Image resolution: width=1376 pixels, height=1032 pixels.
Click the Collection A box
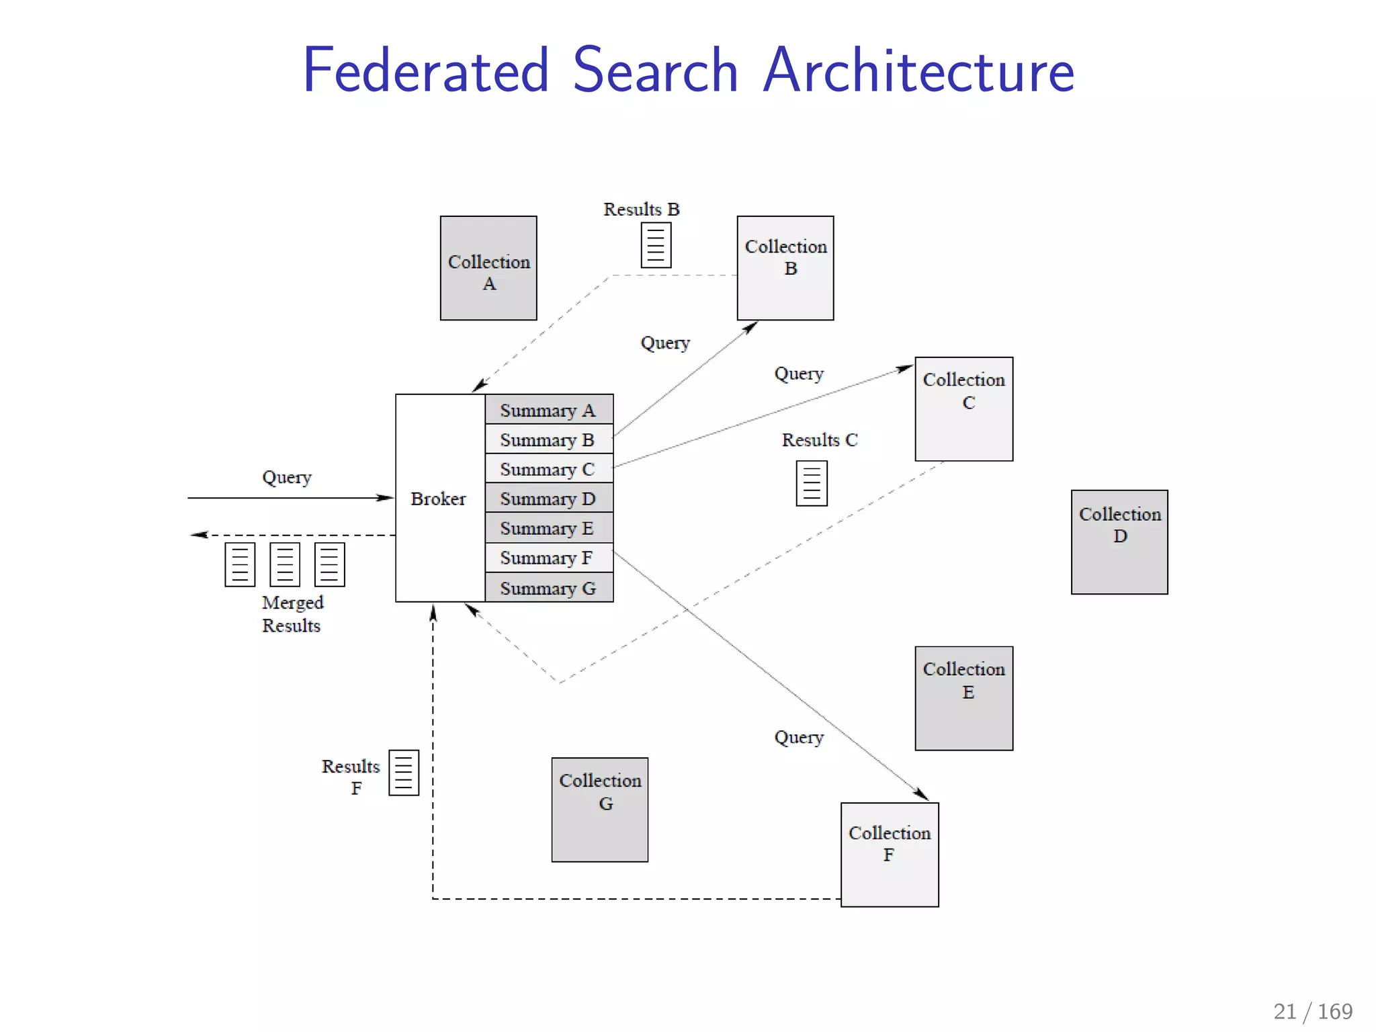pos(488,268)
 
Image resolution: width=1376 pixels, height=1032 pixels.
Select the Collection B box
pos(785,268)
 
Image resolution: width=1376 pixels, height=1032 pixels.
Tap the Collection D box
pos(1119,542)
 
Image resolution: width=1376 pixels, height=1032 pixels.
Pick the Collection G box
pos(600,810)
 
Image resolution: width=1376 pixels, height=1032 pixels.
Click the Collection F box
pos(890,855)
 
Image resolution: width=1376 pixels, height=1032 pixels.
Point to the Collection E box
pos(963,698)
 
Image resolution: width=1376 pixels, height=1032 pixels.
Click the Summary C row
pos(548,469)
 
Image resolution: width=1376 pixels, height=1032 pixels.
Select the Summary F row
pos(548,558)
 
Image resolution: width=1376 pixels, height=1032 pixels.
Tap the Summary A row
pos(548,410)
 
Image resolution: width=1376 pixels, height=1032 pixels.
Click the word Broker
pos(438,499)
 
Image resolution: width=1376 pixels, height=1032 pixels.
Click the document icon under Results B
pos(656,245)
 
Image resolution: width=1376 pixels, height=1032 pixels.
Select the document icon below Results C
pos(811,483)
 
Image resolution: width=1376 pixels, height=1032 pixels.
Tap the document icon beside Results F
pos(404,773)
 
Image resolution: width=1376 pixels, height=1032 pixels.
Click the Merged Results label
pos(292,613)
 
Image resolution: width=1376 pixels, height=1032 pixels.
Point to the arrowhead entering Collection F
pos(923,795)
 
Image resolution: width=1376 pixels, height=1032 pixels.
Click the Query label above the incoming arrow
pos(287,477)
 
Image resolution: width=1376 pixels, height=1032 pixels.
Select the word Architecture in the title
pos(918,71)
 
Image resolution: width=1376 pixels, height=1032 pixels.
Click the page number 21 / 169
pos(1313,1010)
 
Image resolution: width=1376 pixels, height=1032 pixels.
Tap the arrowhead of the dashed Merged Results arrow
pos(198,535)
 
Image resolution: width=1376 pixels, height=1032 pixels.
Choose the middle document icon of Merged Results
pos(285,564)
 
